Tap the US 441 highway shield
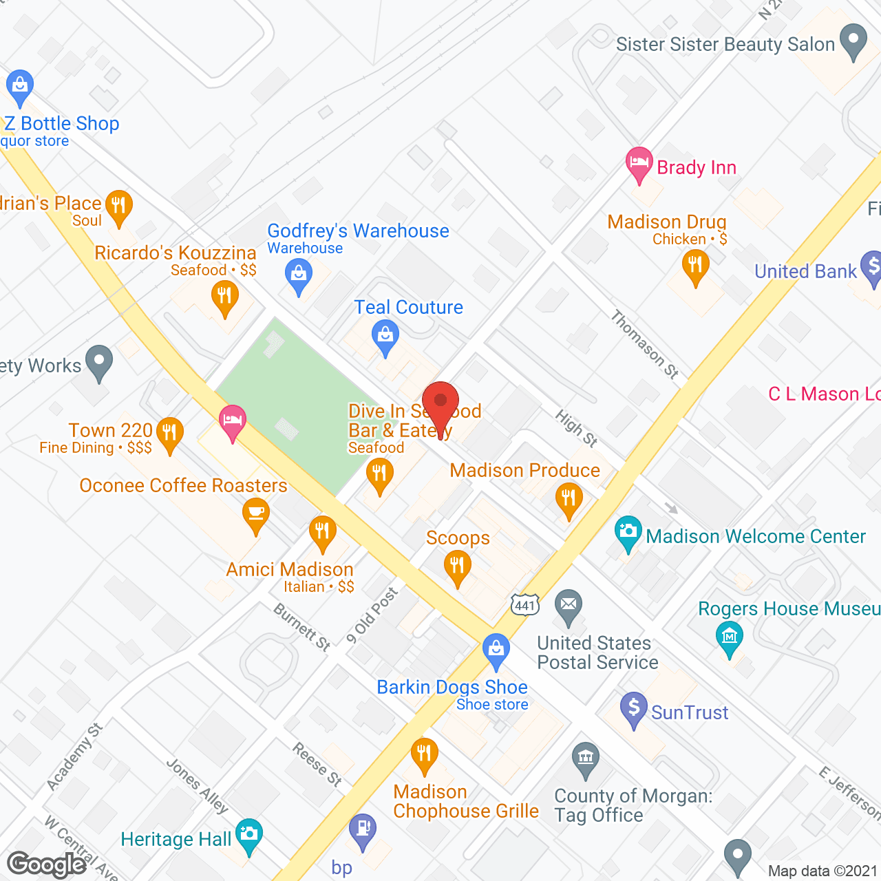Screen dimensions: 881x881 (524, 605)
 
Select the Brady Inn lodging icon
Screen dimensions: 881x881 (639, 164)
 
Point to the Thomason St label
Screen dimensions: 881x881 (645, 344)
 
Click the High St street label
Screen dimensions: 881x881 (576, 428)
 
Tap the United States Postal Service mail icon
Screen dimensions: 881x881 (569, 606)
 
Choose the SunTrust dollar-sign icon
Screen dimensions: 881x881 (634, 709)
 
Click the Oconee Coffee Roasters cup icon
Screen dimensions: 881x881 (256, 515)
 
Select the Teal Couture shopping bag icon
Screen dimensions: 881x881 (385, 337)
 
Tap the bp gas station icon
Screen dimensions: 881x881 (363, 829)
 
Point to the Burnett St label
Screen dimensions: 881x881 (302, 626)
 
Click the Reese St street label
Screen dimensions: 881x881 (317, 763)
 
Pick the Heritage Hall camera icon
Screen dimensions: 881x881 (248, 834)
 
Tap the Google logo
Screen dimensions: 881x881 (47, 864)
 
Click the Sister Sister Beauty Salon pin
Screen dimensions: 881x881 (854, 41)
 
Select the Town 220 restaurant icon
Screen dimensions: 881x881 (169, 434)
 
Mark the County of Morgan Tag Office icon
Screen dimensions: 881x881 (586, 759)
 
